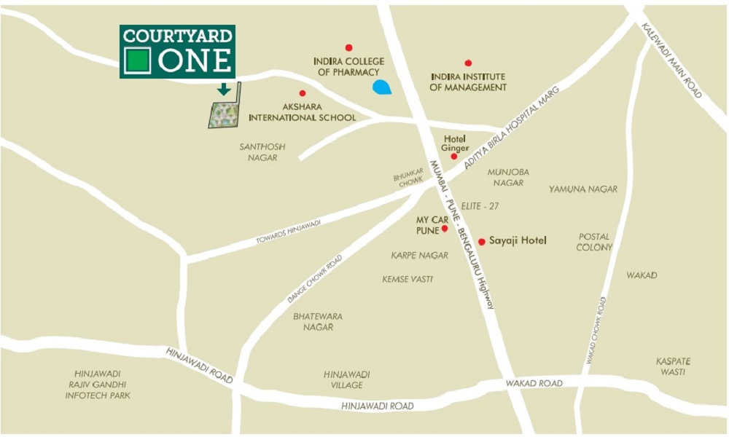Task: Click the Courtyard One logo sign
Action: click(177, 52)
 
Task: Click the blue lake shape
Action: click(381, 87)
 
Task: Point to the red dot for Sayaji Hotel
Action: click(481, 242)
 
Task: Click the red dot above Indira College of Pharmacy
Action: click(348, 47)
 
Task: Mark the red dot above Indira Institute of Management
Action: click(468, 63)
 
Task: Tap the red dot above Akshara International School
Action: click(303, 93)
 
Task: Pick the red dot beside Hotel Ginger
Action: click(453, 156)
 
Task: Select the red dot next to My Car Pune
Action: click(444, 229)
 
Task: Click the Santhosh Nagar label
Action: click(262, 152)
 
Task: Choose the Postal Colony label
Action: click(594, 242)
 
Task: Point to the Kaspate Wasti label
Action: click(672, 366)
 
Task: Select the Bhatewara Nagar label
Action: click(318, 322)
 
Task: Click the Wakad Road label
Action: click(536, 383)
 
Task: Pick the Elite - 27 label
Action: click(480, 206)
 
